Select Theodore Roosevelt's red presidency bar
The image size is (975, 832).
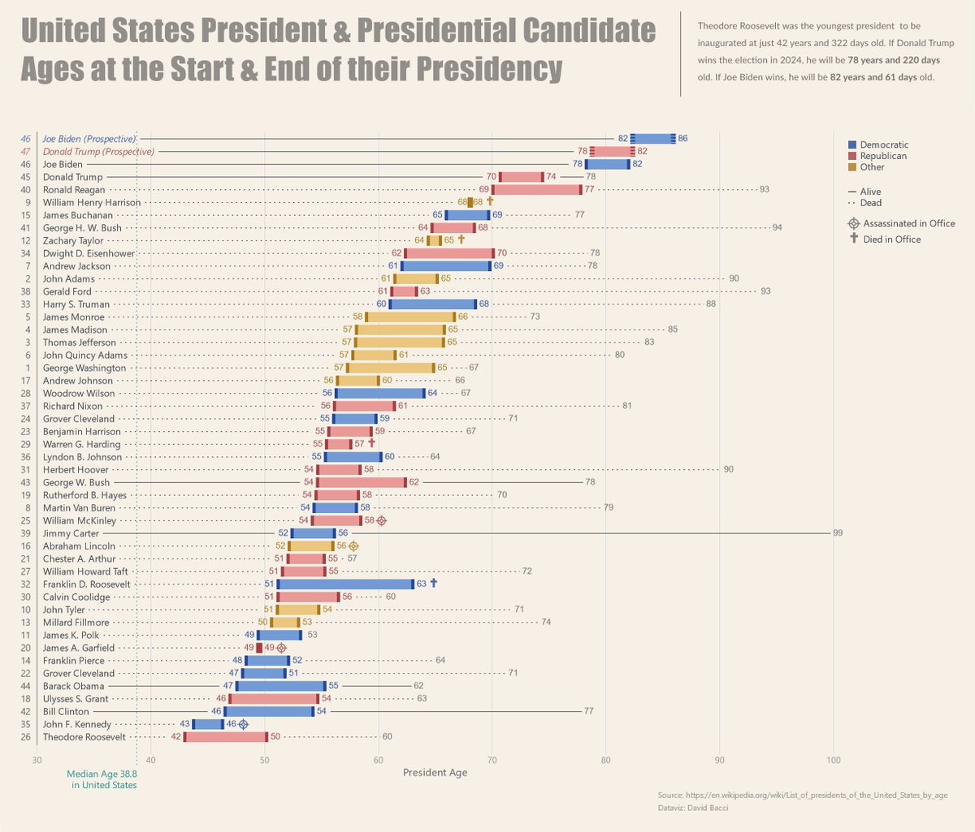click(x=226, y=737)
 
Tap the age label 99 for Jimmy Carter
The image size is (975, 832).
click(x=838, y=533)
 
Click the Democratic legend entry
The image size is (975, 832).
click(x=884, y=144)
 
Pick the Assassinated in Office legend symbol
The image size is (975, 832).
click(x=853, y=223)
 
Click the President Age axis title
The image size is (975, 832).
click(x=435, y=773)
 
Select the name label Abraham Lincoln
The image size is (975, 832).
click(x=79, y=546)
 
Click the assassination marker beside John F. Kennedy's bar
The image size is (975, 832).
click(x=243, y=724)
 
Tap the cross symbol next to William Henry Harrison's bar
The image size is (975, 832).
click(x=490, y=201)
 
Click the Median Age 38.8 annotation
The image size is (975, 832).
click(x=102, y=779)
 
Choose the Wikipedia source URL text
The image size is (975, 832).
click(x=802, y=795)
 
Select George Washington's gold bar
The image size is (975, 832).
click(x=391, y=368)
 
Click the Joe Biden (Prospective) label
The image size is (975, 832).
click(x=89, y=139)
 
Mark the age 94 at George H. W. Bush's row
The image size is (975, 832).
click(x=777, y=228)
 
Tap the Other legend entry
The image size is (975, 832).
click(x=872, y=167)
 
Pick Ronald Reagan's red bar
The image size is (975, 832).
click(x=537, y=190)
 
